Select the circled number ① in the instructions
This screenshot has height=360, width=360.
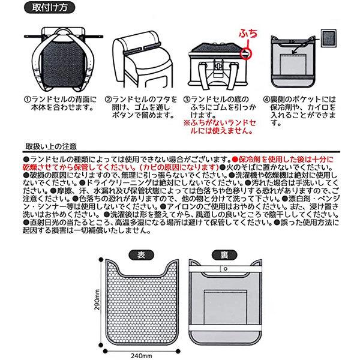[x=27, y=98]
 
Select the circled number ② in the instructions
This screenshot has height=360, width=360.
[x=109, y=98]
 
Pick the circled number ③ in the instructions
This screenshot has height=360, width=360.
[x=186, y=98]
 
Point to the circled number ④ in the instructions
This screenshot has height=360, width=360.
[x=267, y=98]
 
